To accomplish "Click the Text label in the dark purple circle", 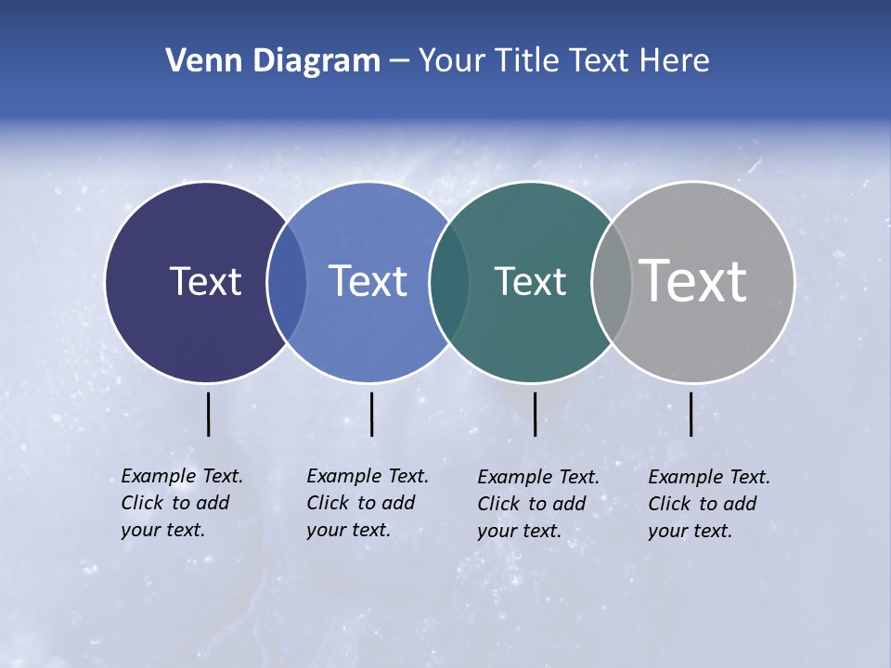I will [x=205, y=281].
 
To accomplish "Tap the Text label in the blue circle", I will [x=368, y=281].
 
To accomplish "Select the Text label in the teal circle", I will [x=530, y=281].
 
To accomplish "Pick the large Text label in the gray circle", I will [x=693, y=281].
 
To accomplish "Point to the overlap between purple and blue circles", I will [x=287, y=282].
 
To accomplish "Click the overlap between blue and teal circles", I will [x=449, y=282].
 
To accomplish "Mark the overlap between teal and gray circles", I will [x=611, y=282].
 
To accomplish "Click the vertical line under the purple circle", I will [x=208, y=414].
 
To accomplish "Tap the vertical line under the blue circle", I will [x=371, y=414].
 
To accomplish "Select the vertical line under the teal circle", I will [x=535, y=414].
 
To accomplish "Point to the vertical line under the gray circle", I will [x=691, y=414].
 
